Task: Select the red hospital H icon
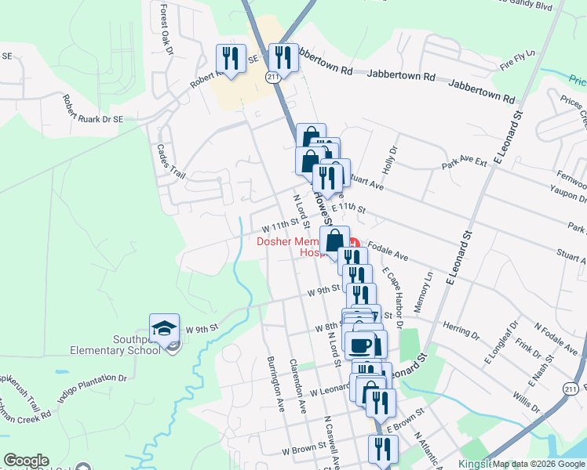[x=353, y=243]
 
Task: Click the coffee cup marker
[x=361, y=345]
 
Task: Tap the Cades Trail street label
[x=171, y=161]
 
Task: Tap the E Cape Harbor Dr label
[x=392, y=298]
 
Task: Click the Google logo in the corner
[x=27, y=461]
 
